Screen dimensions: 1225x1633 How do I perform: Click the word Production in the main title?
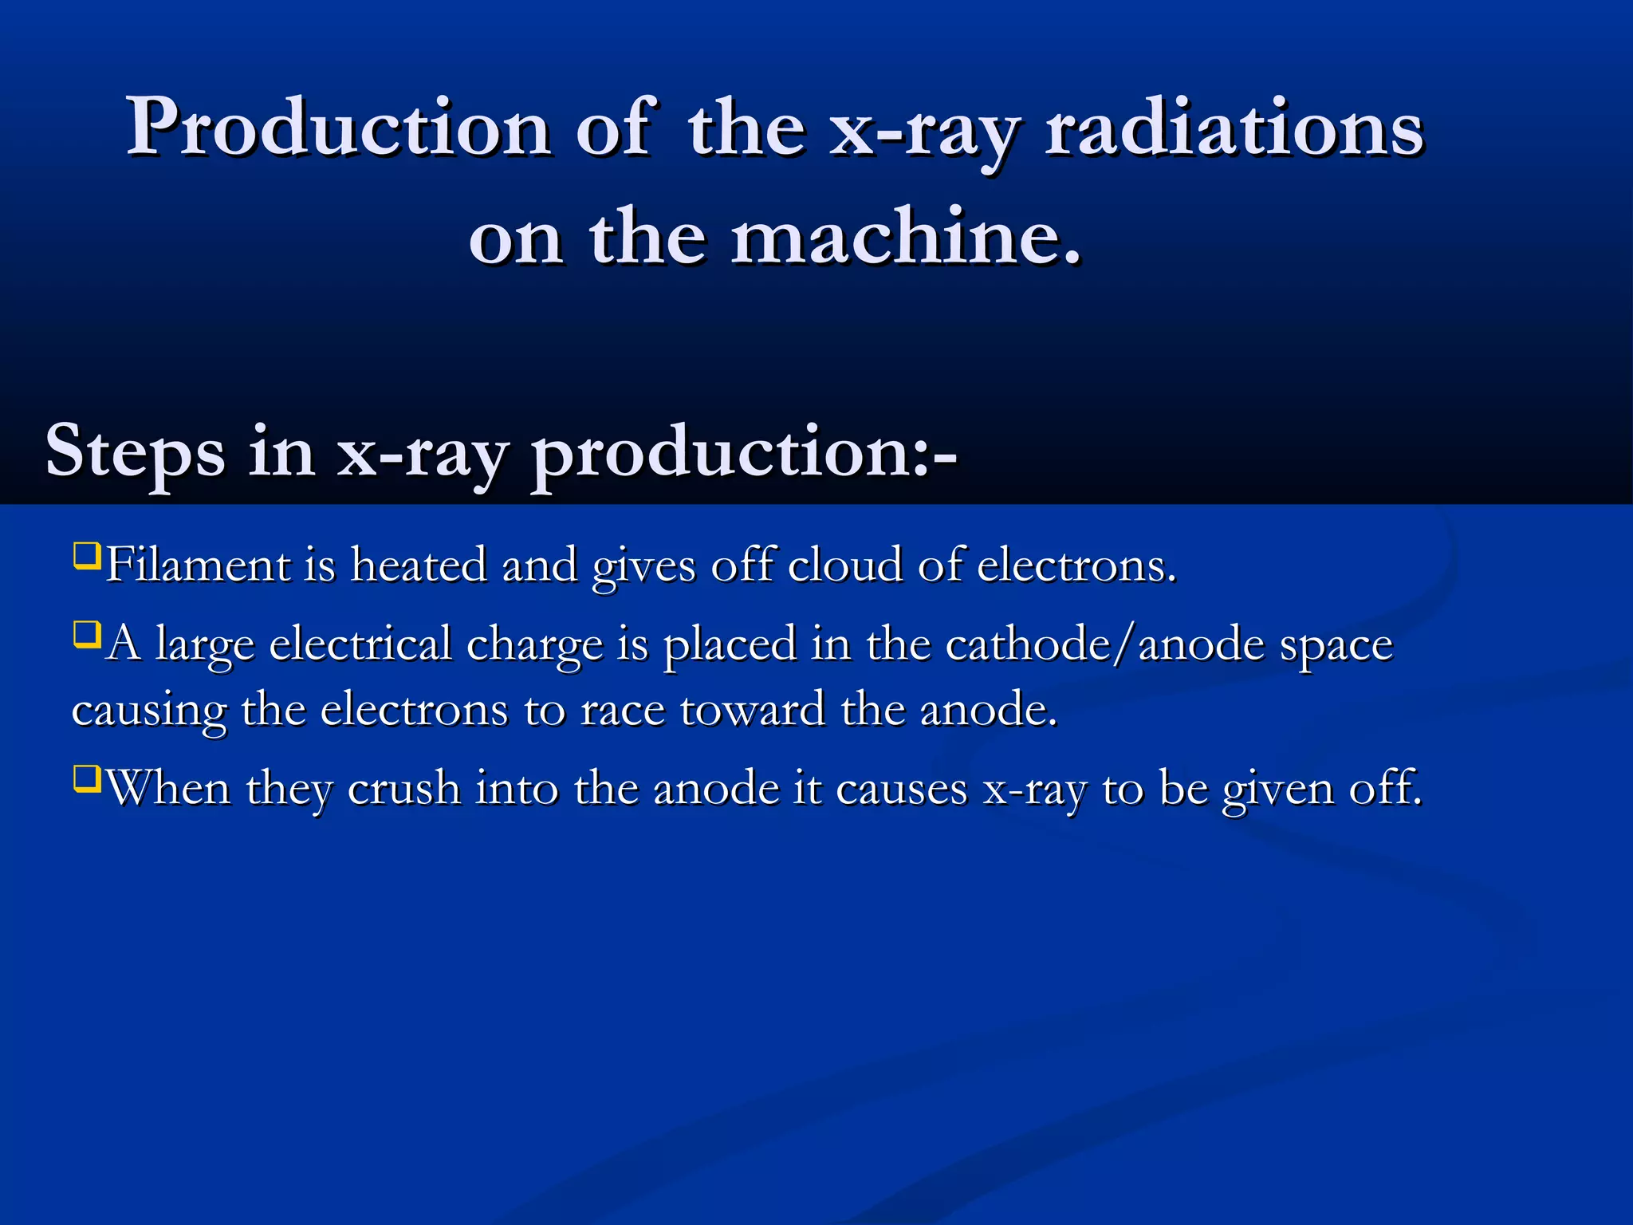coord(338,128)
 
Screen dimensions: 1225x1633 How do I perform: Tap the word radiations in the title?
coord(1234,128)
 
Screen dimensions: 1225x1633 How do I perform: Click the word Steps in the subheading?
coord(135,452)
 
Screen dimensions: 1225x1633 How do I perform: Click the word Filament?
coord(199,565)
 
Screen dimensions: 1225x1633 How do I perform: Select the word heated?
coord(419,565)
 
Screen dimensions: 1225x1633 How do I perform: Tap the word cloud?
coord(846,565)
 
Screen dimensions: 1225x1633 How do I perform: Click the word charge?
coord(534,645)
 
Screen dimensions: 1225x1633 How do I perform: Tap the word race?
coord(623,711)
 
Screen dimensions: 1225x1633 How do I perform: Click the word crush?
coord(404,788)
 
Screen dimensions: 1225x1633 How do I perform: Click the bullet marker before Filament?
coord(86,555)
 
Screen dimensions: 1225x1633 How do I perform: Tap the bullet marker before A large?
coord(86,634)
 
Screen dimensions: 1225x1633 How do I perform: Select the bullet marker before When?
coord(86,778)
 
